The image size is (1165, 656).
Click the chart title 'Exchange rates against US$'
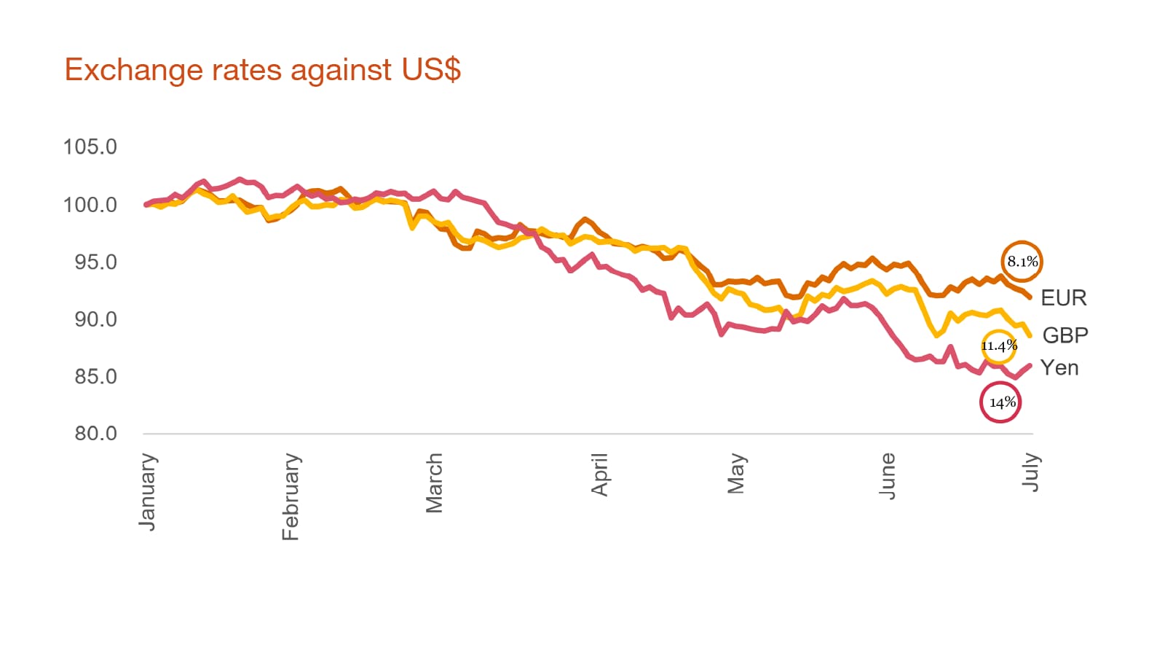pyautogui.click(x=262, y=70)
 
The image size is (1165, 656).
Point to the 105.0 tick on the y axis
pyautogui.click(x=90, y=147)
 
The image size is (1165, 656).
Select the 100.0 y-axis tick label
pyautogui.click(x=90, y=205)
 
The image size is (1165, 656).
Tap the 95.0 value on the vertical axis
pyautogui.click(x=95, y=262)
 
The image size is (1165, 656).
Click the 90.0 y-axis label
pyautogui.click(x=95, y=319)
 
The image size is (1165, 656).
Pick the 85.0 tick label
pyautogui.click(x=95, y=376)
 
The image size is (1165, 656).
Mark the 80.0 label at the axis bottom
pyautogui.click(x=95, y=434)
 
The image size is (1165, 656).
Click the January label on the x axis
pyautogui.click(x=148, y=491)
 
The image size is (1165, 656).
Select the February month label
pyautogui.click(x=291, y=496)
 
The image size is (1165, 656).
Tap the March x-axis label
pyautogui.click(x=434, y=483)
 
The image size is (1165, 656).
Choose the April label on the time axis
pyautogui.click(x=599, y=475)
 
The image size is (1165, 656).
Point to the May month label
pyautogui.click(x=736, y=473)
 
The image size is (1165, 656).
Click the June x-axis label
pyautogui.click(x=887, y=475)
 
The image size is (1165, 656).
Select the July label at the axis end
pyautogui.click(x=1030, y=472)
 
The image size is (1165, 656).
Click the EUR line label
pyautogui.click(x=1063, y=298)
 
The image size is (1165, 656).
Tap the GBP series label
pyautogui.click(x=1065, y=335)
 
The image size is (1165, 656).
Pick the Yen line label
pyautogui.click(x=1059, y=368)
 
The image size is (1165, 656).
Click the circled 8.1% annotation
pyautogui.click(x=1022, y=262)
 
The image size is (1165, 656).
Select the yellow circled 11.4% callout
pyautogui.click(x=998, y=345)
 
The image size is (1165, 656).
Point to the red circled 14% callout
pyautogui.click(x=1001, y=402)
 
